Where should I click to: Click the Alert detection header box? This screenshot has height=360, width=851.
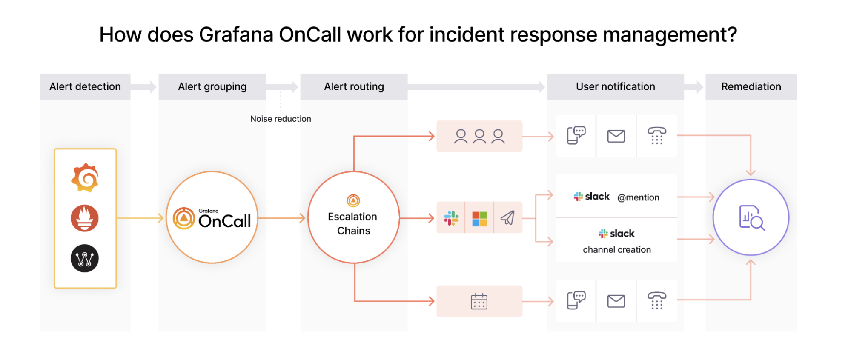(x=85, y=87)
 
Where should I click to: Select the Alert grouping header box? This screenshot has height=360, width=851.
(x=212, y=87)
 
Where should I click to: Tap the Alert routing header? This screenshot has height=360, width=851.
(x=354, y=87)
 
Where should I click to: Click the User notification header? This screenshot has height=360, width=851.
(x=615, y=87)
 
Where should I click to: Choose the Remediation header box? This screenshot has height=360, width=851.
(x=751, y=87)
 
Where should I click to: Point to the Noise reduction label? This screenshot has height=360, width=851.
(x=281, y=119)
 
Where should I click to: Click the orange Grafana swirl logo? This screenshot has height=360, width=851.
(x=85, y=178)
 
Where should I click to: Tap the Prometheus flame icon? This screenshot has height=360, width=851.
(x=85, y=218)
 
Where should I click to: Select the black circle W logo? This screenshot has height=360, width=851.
(x=85, y=258)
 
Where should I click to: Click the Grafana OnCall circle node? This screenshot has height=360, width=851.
(x=212, y=217)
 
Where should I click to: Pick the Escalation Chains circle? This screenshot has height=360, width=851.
(x=353, y=217)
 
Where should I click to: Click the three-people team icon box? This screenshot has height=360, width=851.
(x=479, y=136)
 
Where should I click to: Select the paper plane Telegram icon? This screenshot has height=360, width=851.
(x=507, y=218)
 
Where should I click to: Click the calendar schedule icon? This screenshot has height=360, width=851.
(x=479, y=301)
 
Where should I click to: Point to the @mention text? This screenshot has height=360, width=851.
(x=638, y=197)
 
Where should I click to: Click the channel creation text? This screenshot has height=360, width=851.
(x=616, y=250)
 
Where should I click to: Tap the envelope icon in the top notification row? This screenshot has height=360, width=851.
(x=616, y=136)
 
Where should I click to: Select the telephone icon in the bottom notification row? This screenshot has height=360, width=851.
(x=656, y=300)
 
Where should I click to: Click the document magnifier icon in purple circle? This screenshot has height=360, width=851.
(x=751, y=217)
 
